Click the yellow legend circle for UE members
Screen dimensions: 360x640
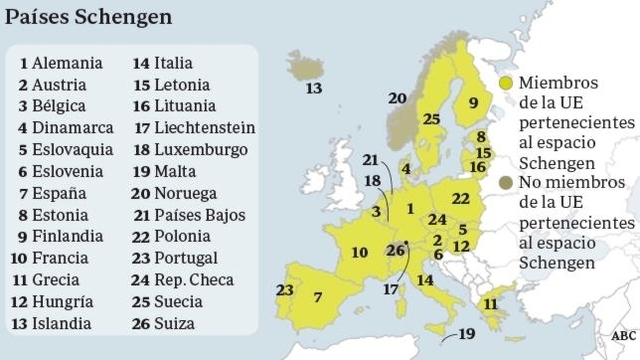coord(509,83)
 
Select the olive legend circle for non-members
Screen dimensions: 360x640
coord(509,181)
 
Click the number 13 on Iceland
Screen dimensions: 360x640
coord(315,89)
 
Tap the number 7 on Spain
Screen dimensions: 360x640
coord(317,297)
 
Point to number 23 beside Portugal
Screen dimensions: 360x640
coord(284,290)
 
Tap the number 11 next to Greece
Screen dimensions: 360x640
coord(491,303)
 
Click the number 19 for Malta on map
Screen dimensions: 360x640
coord(467,334)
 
